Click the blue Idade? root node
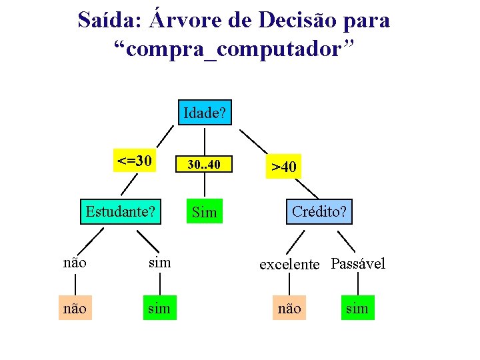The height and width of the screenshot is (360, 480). tap(205, 113)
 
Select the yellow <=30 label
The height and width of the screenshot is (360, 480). tap(135, 161)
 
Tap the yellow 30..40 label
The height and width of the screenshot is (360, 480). tap(204, 164)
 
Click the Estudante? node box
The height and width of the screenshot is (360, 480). tap(121, 211)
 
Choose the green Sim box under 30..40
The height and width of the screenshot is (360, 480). tap(204, 212)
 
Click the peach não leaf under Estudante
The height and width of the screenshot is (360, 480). tap(74, 308)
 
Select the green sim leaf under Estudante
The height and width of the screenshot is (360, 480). tap(159, 308)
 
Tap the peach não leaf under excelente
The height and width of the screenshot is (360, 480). tap(289, 308)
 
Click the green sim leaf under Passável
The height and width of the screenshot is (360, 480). tap(358, 308)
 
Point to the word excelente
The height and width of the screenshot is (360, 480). tap(289, 264)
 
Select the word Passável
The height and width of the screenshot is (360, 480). tap(358, 263)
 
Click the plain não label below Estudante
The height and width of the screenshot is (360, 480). tap(74, 262)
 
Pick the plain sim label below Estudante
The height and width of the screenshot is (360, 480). tap(159, 262)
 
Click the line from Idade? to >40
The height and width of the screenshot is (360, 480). tap(254, 141)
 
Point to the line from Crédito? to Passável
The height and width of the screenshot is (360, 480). tap(345, 241)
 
